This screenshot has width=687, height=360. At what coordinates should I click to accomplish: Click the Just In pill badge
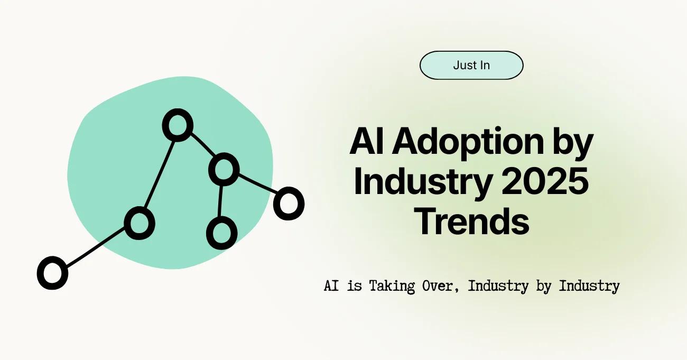(471, 66)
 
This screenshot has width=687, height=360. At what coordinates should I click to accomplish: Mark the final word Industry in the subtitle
(589, 287)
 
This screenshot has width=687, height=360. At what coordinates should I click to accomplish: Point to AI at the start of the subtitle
(331, 287)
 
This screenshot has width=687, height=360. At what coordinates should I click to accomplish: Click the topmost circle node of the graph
(177, 125)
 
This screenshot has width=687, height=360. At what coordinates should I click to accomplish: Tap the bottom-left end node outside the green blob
(52, 273)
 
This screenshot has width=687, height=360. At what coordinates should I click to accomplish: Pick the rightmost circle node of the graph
(289, 204)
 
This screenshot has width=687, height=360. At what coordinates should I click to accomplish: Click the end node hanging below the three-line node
(221, 233)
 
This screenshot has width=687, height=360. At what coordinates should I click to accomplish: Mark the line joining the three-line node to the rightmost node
(257, 184)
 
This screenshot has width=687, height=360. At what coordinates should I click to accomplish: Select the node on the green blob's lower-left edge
(140, 223)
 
